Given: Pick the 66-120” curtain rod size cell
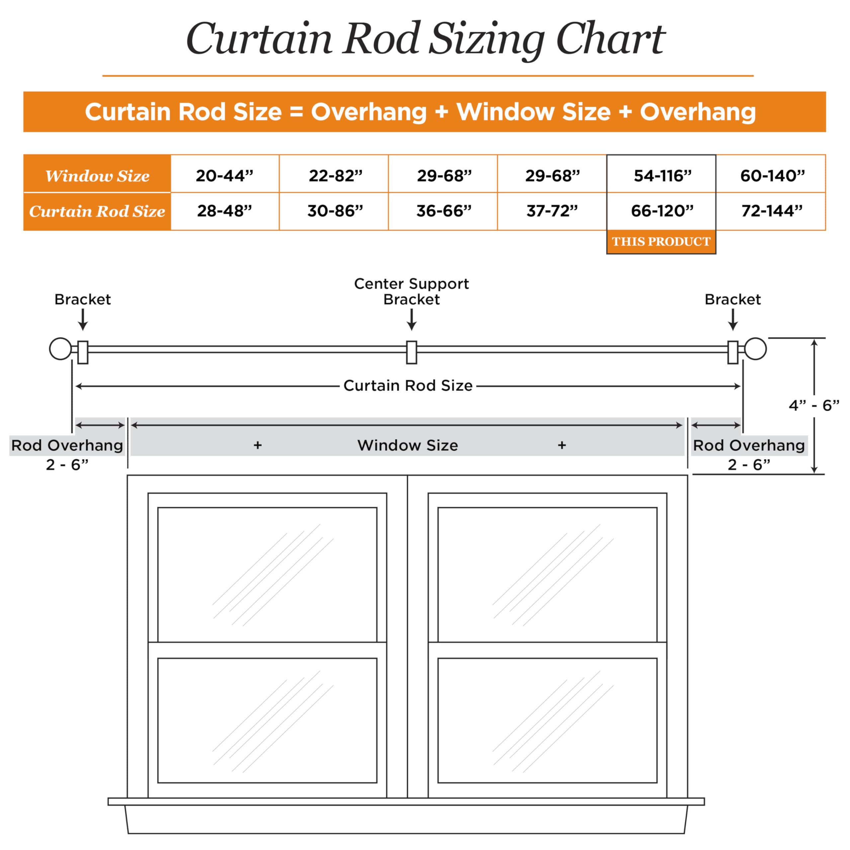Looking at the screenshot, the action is [661, 211].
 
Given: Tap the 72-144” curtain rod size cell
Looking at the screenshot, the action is [771, 211].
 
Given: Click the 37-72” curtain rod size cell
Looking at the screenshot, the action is [552, 211].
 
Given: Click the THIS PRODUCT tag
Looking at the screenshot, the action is [661, 241].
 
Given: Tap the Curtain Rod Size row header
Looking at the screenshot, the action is [97, 212].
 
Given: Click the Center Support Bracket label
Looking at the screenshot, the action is [411, 291].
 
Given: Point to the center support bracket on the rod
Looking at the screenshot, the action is [411, 352].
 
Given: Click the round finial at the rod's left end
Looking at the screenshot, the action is [60, 349].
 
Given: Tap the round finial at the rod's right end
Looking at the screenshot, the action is [755, 349].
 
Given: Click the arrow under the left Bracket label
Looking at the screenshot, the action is [83, 319].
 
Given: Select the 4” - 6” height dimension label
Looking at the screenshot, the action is [814, 405].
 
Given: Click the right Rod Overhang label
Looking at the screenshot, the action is [749, 445].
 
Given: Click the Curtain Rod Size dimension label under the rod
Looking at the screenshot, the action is [408, 385].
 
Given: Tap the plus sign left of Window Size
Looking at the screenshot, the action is [258, 445].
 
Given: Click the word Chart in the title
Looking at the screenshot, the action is [610, 39].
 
